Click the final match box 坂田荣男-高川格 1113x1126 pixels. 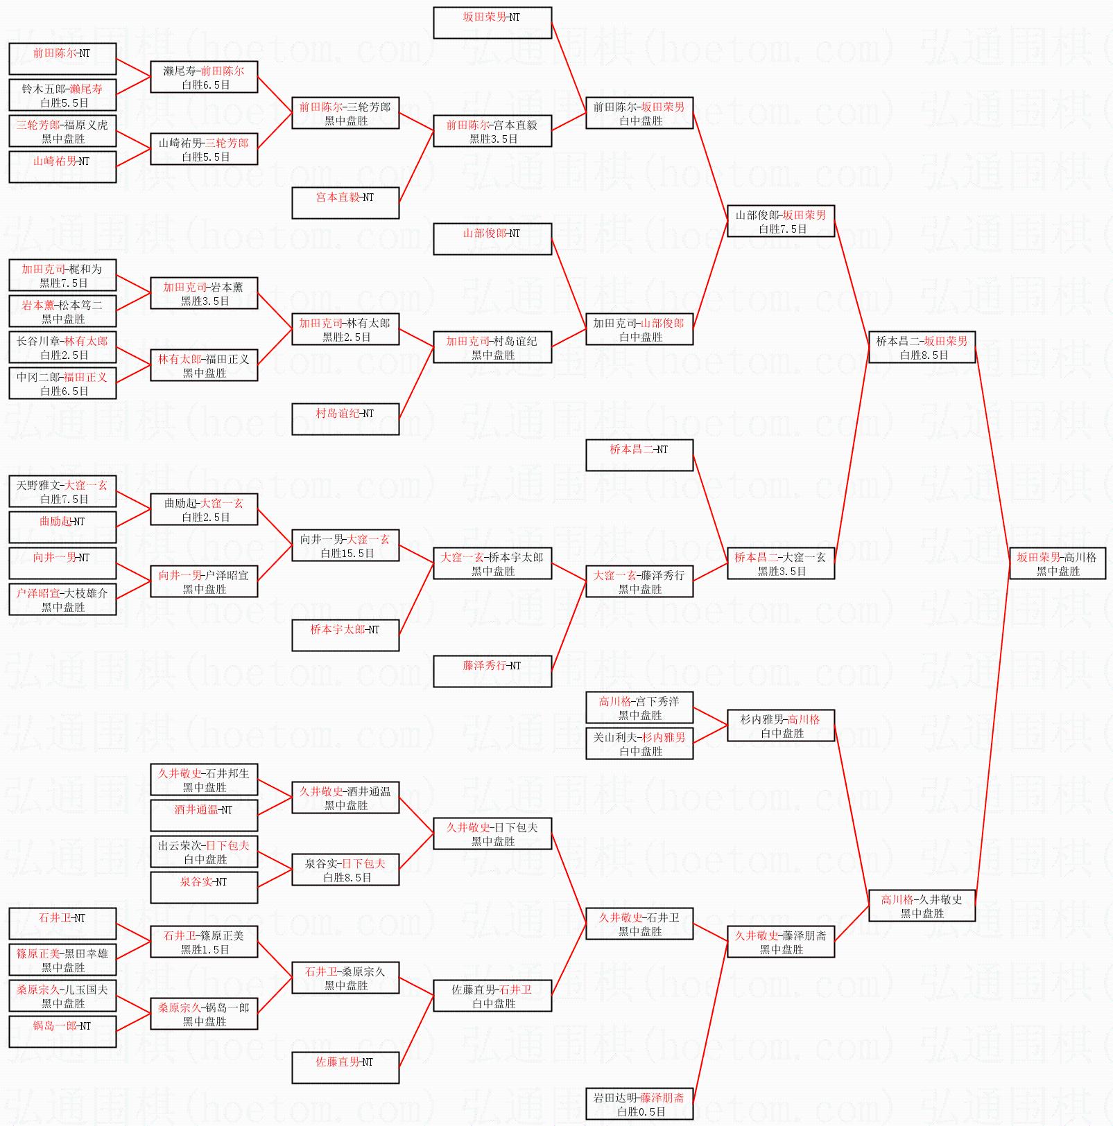[x=1058, y=564]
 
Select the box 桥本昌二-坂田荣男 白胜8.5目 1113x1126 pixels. [x=922, y=348]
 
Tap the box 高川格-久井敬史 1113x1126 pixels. [x=922, y=906]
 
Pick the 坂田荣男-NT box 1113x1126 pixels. [x=492, y=23]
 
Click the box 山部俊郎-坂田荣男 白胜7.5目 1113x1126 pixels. [x=781, y=222]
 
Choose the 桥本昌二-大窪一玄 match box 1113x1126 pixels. [x=781, y=564]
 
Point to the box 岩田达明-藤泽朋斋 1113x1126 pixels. [x=639, y=1105]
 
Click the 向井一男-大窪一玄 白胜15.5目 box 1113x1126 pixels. [x=345, y=546]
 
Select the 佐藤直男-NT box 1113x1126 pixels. [x=345, y=1068]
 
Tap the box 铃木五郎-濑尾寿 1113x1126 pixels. [x=62, y=96]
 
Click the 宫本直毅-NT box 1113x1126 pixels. [x=345, y=203]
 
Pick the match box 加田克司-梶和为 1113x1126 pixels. [x=62, y=276]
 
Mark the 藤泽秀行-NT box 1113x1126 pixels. [x=492, y=671]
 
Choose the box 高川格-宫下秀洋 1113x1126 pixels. [x=639, y=708]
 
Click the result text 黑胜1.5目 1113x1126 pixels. [x=205, y=950]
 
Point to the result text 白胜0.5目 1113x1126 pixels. [x=641, y=1112]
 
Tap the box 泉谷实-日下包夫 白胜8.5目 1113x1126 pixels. [x=345, y=870]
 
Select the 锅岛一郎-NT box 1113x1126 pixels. [x=62, y=1032]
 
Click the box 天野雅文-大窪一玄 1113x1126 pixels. [x=62, y=492]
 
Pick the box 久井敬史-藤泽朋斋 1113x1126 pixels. [x=781, y=942]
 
